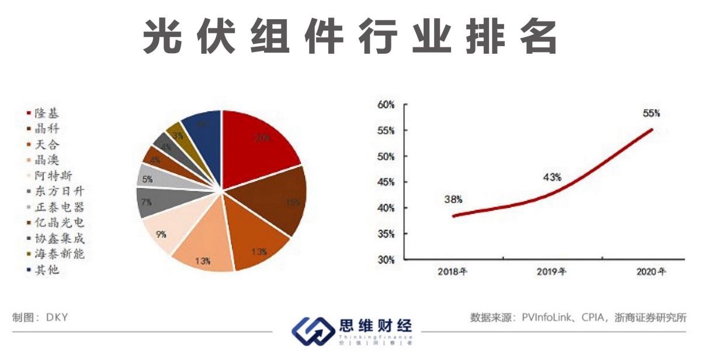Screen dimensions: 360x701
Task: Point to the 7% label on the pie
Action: click(147, 202)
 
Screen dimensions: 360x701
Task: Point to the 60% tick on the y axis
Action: click(387, 105)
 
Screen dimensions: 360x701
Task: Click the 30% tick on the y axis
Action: click(387, 259)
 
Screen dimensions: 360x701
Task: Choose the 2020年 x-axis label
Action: click(650, 272)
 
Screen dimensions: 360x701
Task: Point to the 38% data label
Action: click(453, 199)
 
